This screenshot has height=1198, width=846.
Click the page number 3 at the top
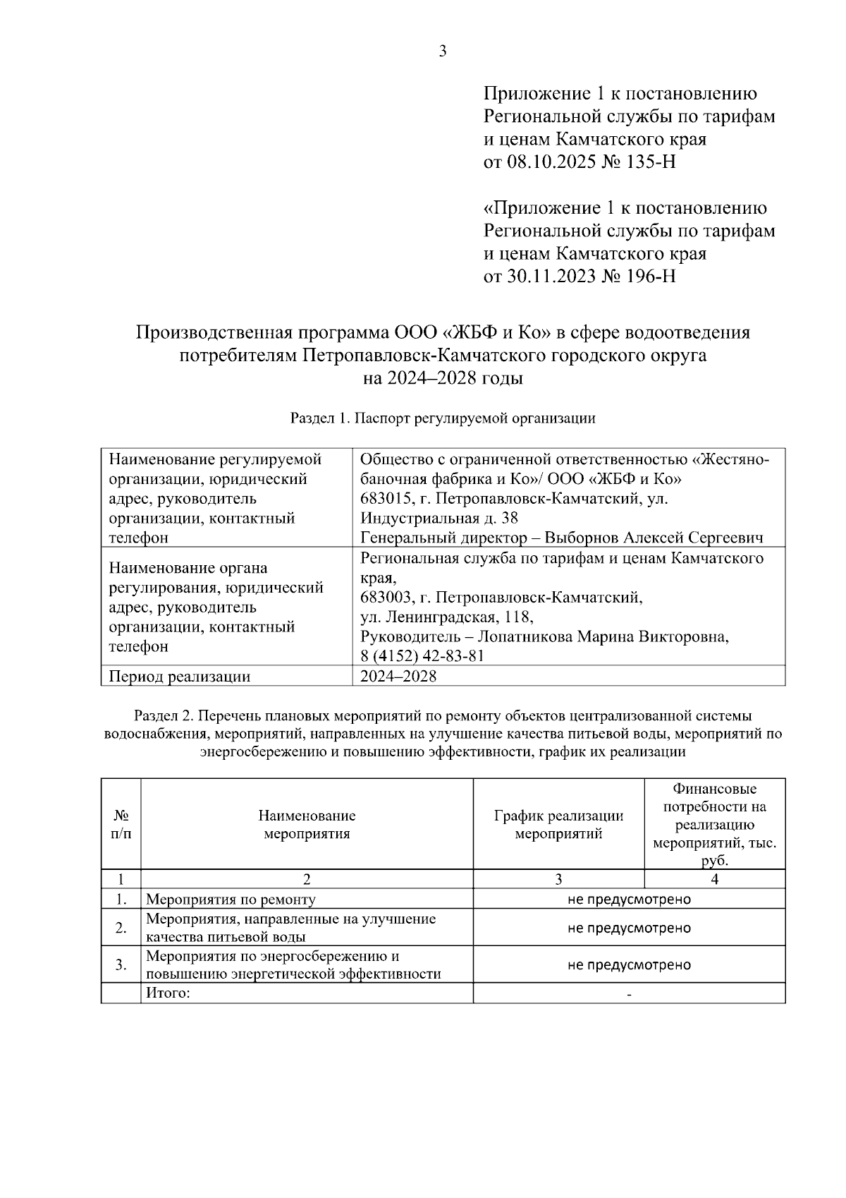443,52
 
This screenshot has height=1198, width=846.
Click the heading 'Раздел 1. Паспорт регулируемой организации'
443,418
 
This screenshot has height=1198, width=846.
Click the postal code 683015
384,499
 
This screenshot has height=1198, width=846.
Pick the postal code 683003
384,598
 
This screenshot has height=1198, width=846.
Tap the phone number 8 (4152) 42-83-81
422,656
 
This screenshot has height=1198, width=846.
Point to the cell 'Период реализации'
179,677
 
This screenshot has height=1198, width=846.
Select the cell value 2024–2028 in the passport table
398,676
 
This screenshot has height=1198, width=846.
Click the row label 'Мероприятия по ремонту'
231,900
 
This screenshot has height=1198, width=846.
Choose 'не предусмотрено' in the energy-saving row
629,965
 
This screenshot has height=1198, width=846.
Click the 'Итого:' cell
168,994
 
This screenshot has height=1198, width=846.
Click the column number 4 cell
714,879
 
